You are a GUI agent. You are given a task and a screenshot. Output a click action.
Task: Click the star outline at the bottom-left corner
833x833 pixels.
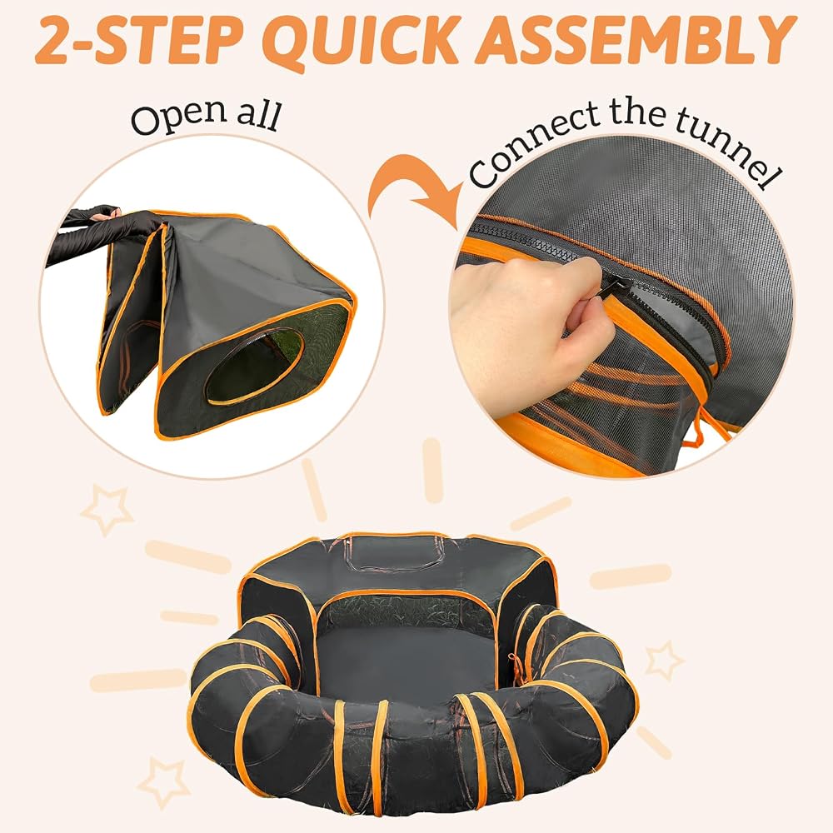163,781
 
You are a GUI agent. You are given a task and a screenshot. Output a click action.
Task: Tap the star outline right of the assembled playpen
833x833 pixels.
664,661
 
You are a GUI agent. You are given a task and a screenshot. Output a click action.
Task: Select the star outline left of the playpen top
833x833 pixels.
107,509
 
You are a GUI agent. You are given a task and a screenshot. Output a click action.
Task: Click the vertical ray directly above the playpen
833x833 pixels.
433,471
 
